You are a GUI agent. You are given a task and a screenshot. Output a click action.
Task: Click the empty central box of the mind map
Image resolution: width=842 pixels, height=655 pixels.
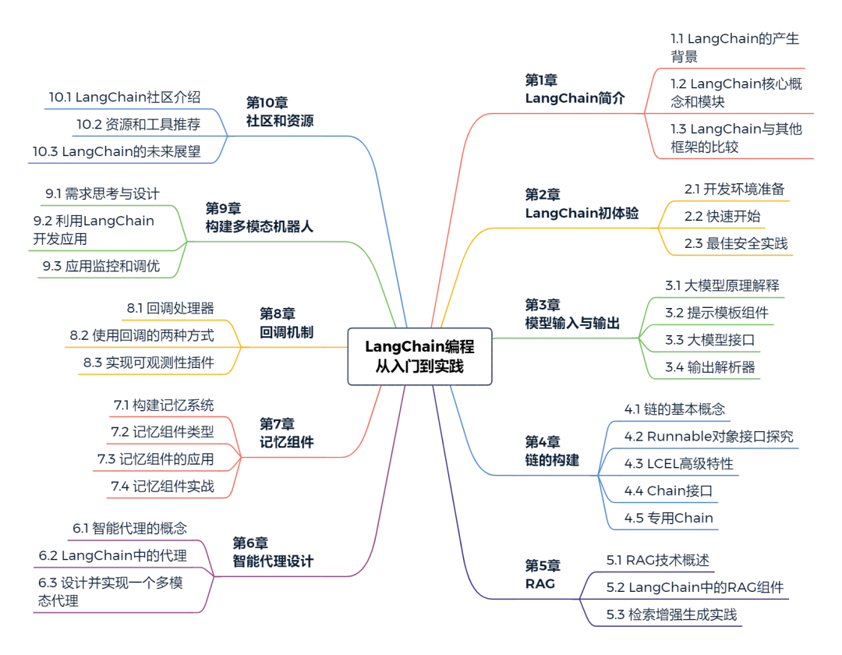pos(419,356)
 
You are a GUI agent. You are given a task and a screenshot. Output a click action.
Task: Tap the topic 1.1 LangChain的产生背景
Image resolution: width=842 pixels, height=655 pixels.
pos(734,47)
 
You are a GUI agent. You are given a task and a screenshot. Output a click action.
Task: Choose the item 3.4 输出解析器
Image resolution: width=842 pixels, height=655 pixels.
pos(709,366)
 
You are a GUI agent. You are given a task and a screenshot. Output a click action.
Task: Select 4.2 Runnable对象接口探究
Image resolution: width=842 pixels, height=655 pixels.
pos(708,436)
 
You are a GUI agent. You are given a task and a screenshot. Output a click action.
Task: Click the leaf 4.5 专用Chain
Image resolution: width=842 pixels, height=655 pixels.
pos(668,518)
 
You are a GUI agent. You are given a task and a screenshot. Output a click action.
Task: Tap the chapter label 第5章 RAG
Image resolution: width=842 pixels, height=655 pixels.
pos(543,574)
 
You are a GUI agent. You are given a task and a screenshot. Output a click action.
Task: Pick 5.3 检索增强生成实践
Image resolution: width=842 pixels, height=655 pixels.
pos(671,614)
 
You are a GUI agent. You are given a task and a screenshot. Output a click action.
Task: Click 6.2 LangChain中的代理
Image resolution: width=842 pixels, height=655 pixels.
pos(113,556)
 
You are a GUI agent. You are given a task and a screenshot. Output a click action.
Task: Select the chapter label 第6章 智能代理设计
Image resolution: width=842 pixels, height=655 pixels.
pos(273,551)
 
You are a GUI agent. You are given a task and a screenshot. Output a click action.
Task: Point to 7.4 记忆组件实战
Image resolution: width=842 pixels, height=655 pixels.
pos(161,487)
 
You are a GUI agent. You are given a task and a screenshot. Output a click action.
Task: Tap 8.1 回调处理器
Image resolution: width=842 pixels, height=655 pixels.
pos(170,308)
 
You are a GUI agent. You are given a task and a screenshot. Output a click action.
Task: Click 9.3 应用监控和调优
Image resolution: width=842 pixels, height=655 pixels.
pos(101,266)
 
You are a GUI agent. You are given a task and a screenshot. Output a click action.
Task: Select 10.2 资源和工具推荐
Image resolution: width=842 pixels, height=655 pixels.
pos(138,124)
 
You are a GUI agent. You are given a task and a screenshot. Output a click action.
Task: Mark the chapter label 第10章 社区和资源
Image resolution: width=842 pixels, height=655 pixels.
pos(280,112)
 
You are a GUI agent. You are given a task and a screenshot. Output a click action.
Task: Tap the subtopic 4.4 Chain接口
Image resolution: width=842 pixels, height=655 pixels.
pos(667,490)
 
